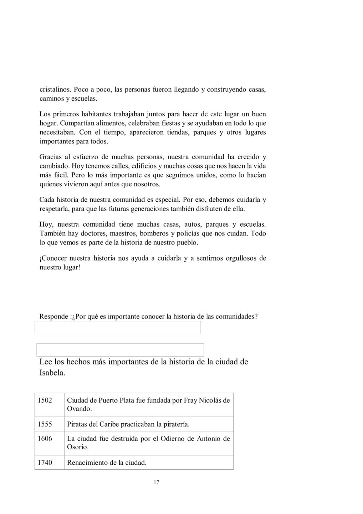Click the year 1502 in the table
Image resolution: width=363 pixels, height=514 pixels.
click(x=45, y=400)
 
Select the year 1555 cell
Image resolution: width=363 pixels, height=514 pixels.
click(x=45, y=424)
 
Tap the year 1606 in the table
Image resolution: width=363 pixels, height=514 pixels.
click(x=45, y=438)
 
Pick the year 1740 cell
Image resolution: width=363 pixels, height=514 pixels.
click(x=45, y=463)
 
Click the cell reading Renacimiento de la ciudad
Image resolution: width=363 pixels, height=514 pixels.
click(x=107, y=463)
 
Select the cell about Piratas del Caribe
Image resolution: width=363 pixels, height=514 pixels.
click(x=128, y=424)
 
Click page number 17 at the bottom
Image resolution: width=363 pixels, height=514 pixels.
click(x=156, y=483)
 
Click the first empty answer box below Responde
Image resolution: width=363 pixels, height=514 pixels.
click(x=117, y=328)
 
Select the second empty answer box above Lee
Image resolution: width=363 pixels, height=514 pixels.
click(x=120, y=350)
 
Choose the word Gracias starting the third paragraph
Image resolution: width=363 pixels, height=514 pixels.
click(x=51, y=157)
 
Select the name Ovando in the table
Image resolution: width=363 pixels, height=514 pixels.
click(x=79, y=409)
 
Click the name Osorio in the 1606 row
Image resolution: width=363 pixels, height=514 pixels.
click(x=77, y=447)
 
